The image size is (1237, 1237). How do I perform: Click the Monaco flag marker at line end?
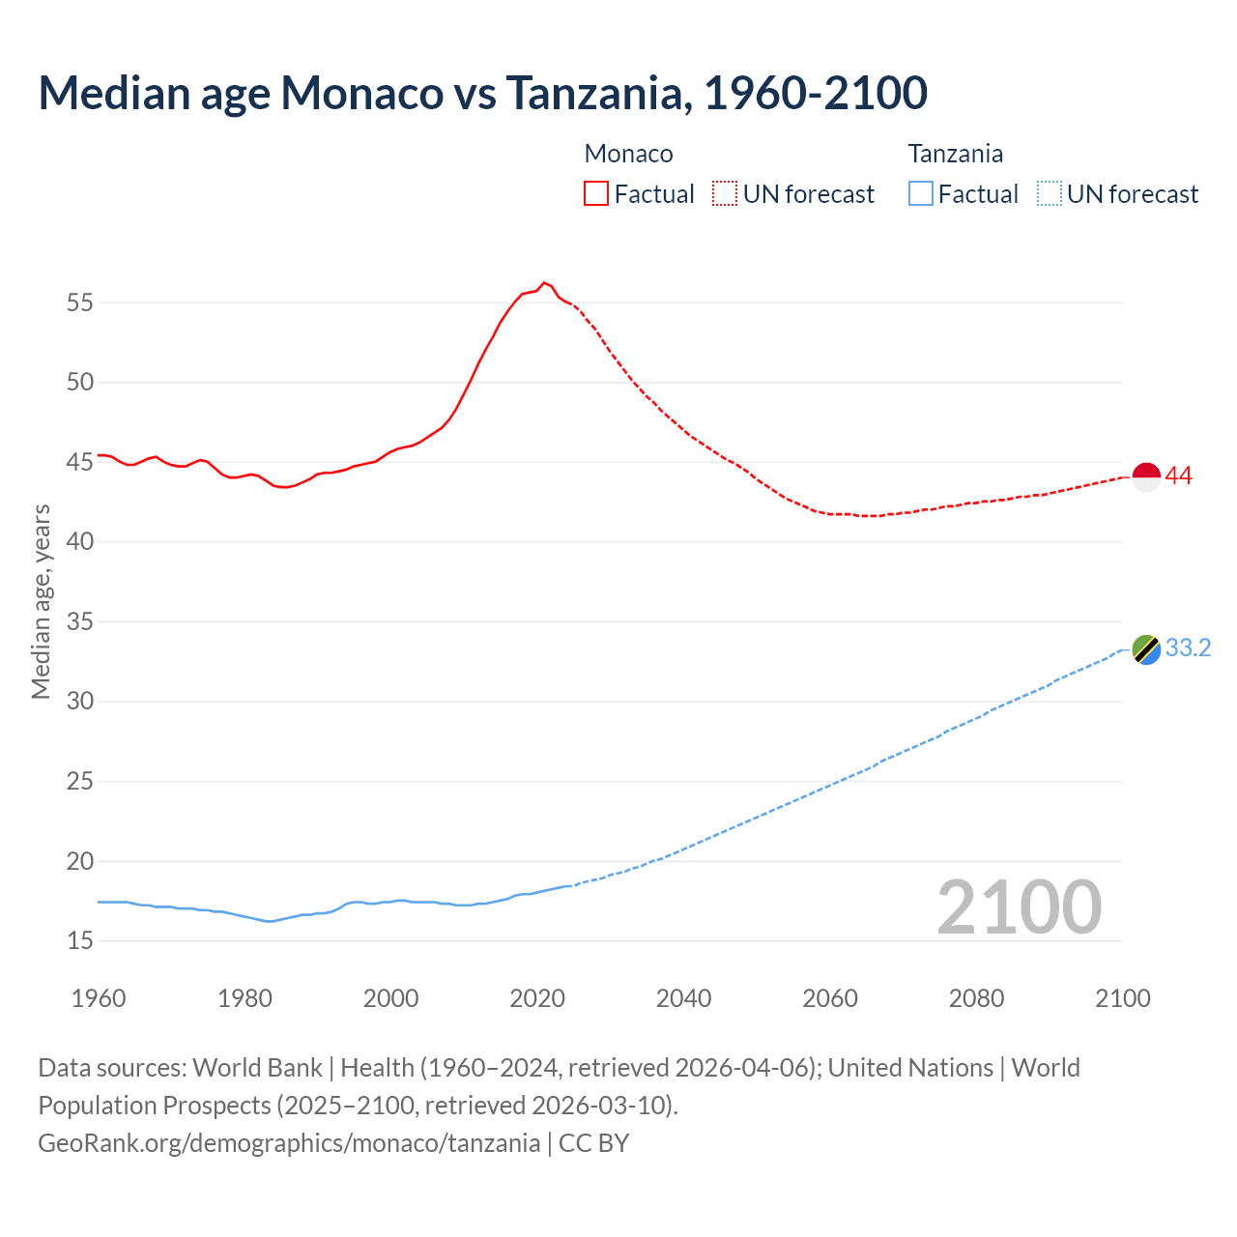[x=1146, y=477]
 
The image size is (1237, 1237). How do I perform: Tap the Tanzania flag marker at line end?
[x=1146, y=649]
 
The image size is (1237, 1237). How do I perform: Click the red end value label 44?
[x=1179, y=475]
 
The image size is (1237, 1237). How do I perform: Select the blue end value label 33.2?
[x=1188, y=647]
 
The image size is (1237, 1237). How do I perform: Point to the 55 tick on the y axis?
[x=80, y=302]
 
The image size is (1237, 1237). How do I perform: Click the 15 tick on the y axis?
[x=80, y=940]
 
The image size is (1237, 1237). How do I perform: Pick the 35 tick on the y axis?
[x=80, y=621]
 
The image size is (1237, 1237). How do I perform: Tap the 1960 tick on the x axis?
[x=99, y=998]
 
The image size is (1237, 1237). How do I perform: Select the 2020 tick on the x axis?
[x=537, y=998]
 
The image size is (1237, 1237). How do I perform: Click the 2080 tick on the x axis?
[x=976, y=998]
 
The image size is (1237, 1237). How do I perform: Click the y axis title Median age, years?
[x=41, y=601]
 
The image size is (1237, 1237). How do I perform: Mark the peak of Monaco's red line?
[x=544, y=282]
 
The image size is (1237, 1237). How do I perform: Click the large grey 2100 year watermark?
[x=1019, y=906]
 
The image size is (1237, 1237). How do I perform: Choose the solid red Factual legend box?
[x=596, y=194]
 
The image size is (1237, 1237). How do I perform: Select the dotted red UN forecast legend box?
[x=725, y=194]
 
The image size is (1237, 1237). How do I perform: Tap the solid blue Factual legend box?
[x=921, y=194]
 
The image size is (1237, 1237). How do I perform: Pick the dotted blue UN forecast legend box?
[x=1050, y=194]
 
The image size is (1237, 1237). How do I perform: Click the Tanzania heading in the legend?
[x=955, y=154]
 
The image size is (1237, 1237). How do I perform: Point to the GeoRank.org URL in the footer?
[x=289, y=1143]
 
